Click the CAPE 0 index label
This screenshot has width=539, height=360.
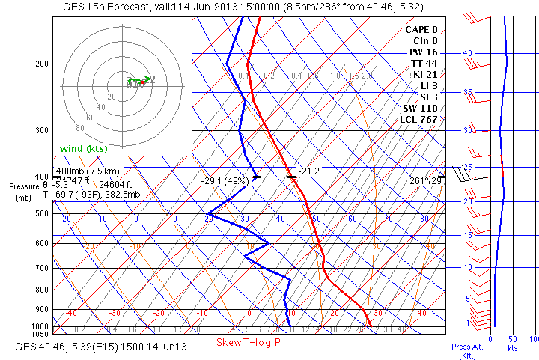pyautogui.click(x=421, y=29)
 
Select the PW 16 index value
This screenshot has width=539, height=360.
pyautogui.click(x=422, y=52)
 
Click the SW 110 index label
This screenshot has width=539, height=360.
pyautogui.click(x=420, y=108)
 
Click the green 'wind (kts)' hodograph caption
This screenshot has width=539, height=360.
pyautogui.click(x=84, y=148)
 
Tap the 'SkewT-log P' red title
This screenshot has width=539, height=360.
pyautogui.click(x=248, y=342)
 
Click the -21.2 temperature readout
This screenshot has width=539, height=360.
pyautogui.click(x=308, y=171)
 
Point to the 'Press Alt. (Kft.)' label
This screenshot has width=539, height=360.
pyautogui.click(x=464, y=350)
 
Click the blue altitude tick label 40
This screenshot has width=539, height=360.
pyautogui.click(x=467, y=53)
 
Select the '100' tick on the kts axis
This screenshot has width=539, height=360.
pyautogui.click(x=533, y=338)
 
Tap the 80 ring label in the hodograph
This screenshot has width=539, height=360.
pyautogui.click(x=80, y=129)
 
